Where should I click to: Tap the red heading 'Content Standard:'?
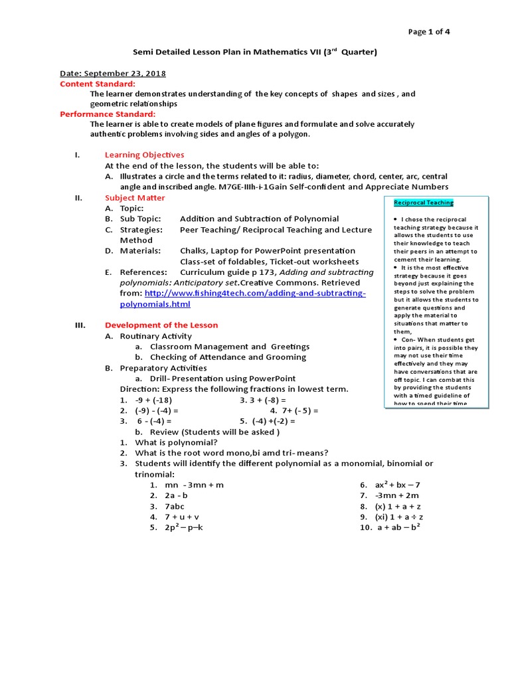click(x=98, y=84)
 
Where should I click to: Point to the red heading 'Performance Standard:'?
click(x=108, y=114)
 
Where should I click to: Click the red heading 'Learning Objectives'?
click(x=144, y=155)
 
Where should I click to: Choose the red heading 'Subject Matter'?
click(x=135, y=198)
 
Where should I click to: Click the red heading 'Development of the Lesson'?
click(x=161, y=325)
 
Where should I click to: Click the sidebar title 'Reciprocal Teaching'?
click(x=424, y=203)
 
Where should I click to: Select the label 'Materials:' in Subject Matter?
click(x=140, y=251)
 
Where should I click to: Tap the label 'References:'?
click(x=143, y=272)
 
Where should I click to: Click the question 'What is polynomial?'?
click(x=176, y=442)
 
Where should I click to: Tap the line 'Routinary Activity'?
click(x=155, y=336)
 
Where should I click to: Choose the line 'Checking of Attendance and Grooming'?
click(x=228, y=357)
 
